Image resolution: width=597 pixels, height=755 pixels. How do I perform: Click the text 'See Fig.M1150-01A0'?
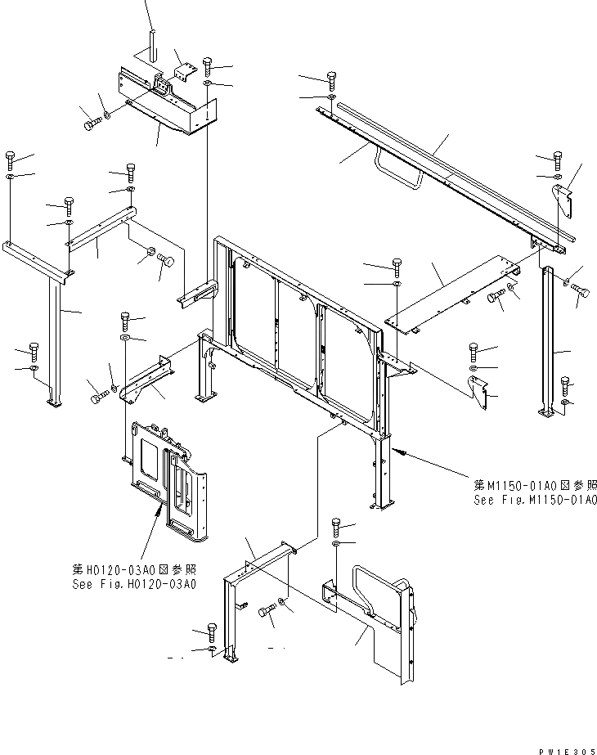536,499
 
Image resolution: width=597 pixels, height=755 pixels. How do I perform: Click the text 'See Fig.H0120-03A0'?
134,584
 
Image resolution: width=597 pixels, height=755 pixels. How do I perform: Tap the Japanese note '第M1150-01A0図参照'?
536,484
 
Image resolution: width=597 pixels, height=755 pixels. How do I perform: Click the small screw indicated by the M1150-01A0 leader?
400,451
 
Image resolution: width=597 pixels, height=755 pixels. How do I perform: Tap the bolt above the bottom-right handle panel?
336,524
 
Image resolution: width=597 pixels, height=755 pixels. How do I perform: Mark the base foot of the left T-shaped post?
54,401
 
